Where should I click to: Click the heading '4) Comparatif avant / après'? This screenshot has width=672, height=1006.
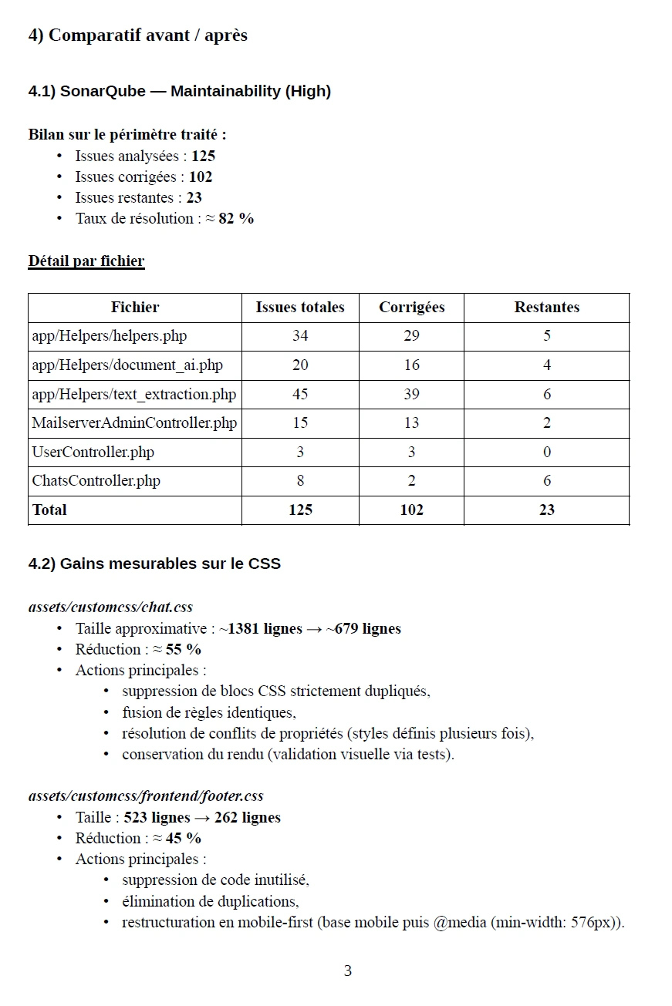[x=137, y=35]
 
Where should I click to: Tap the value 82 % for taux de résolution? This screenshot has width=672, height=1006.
[x=236, y=218]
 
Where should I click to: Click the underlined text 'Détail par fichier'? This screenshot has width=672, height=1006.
[x=86, y=261]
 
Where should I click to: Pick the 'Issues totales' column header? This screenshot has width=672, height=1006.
[x=300, y=307]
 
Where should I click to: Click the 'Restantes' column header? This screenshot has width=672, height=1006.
[x=546, y=307]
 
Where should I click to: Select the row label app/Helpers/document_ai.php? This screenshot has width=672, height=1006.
[x=127, y=365]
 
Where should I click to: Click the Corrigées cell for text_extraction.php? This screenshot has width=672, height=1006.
[x=411, y=394]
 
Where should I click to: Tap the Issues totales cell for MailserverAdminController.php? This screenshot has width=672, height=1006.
[x=300, y=422]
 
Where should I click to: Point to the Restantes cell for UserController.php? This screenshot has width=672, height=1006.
[x=546, y=452]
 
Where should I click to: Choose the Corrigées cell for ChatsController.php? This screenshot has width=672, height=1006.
[x=411, y=480]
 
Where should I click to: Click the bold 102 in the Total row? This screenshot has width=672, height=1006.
[x=411, y=510]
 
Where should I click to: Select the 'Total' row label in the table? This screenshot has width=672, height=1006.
[x=49, y=510]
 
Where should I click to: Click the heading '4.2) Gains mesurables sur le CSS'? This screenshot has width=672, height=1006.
[x=154, y=564]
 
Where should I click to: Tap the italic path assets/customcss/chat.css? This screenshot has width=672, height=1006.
[x=110, y=607]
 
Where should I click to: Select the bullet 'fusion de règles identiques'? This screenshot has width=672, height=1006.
[x=208, y=712]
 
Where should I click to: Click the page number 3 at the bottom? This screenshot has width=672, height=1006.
[x=347, y=971]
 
